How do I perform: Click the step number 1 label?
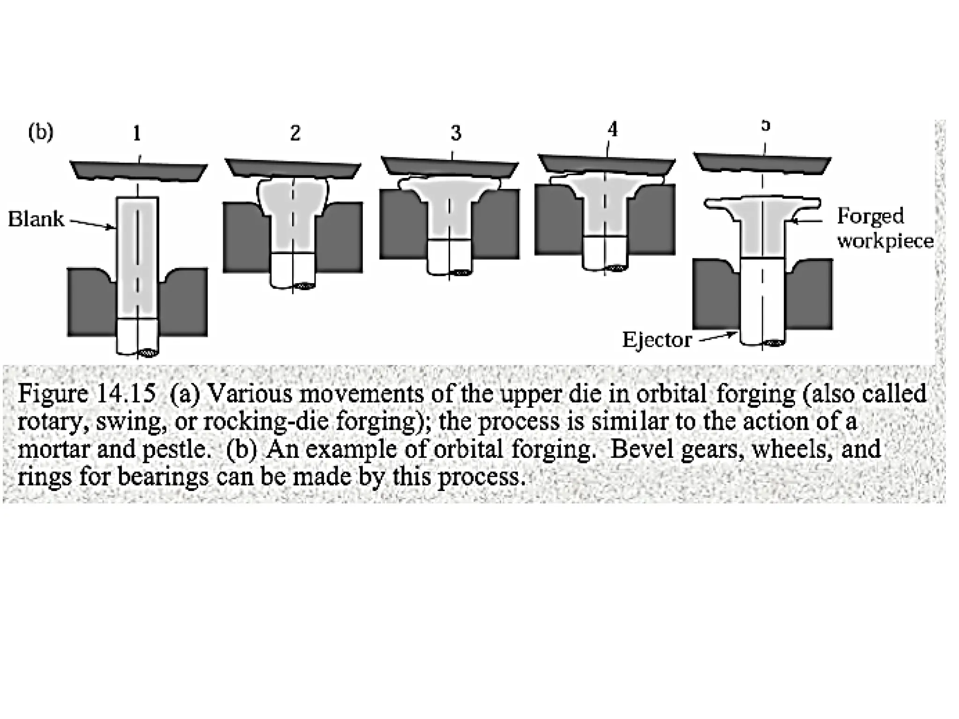(x=137, y=134)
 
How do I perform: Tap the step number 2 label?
(x=295, y=133)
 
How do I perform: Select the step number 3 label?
(x=456, y=133)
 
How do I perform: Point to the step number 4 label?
(x=612, y=130)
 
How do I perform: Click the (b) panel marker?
(x=40, y=132)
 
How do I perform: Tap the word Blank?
(x=36, y=219)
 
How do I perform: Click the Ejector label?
(x=657, y=340)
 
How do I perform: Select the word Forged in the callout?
(x=870, y=216)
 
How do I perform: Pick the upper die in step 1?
(x=139, y=171)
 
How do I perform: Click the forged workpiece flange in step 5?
(x=762, y=204)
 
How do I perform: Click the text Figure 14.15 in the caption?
(x=87, y=394)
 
